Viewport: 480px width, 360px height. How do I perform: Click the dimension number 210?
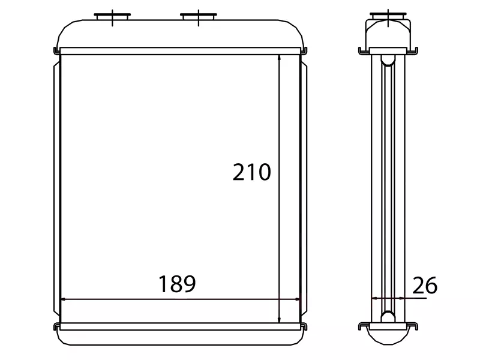251,172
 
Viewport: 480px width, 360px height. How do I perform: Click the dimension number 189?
177,284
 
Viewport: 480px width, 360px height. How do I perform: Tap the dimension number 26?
425,286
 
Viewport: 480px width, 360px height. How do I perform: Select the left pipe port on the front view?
112,17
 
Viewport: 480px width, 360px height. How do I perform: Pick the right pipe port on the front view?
199,17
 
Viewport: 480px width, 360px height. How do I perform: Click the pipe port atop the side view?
388,16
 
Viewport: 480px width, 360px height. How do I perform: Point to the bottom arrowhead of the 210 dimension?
279,319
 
